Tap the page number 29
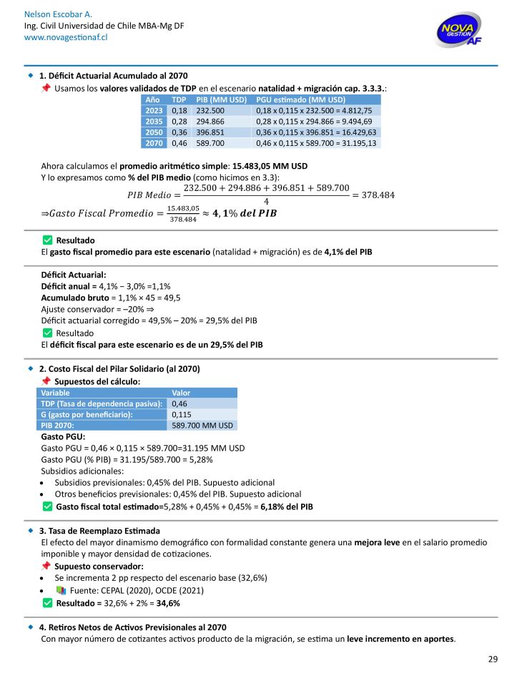coord(493,659)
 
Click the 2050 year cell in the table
coord(154,132)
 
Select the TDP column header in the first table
coord(179,100)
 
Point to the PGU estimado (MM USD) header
coord(300,100)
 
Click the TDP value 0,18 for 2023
coord(179,111)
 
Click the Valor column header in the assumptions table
coord(182,393)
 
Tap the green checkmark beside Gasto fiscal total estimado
coord(47,506)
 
